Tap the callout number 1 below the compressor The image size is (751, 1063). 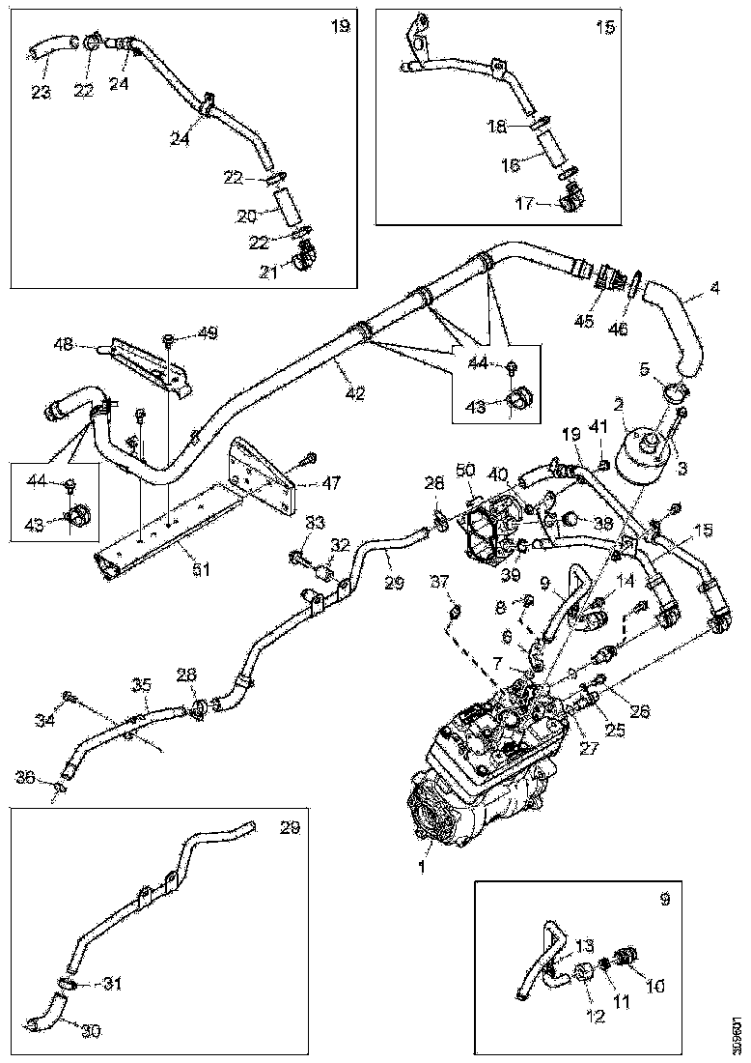420,867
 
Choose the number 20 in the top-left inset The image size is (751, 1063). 248,214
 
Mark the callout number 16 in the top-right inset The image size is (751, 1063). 509,165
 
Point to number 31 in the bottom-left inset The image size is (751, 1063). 113,986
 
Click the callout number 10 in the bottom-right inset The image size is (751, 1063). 656,988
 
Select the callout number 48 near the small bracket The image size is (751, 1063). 64,342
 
